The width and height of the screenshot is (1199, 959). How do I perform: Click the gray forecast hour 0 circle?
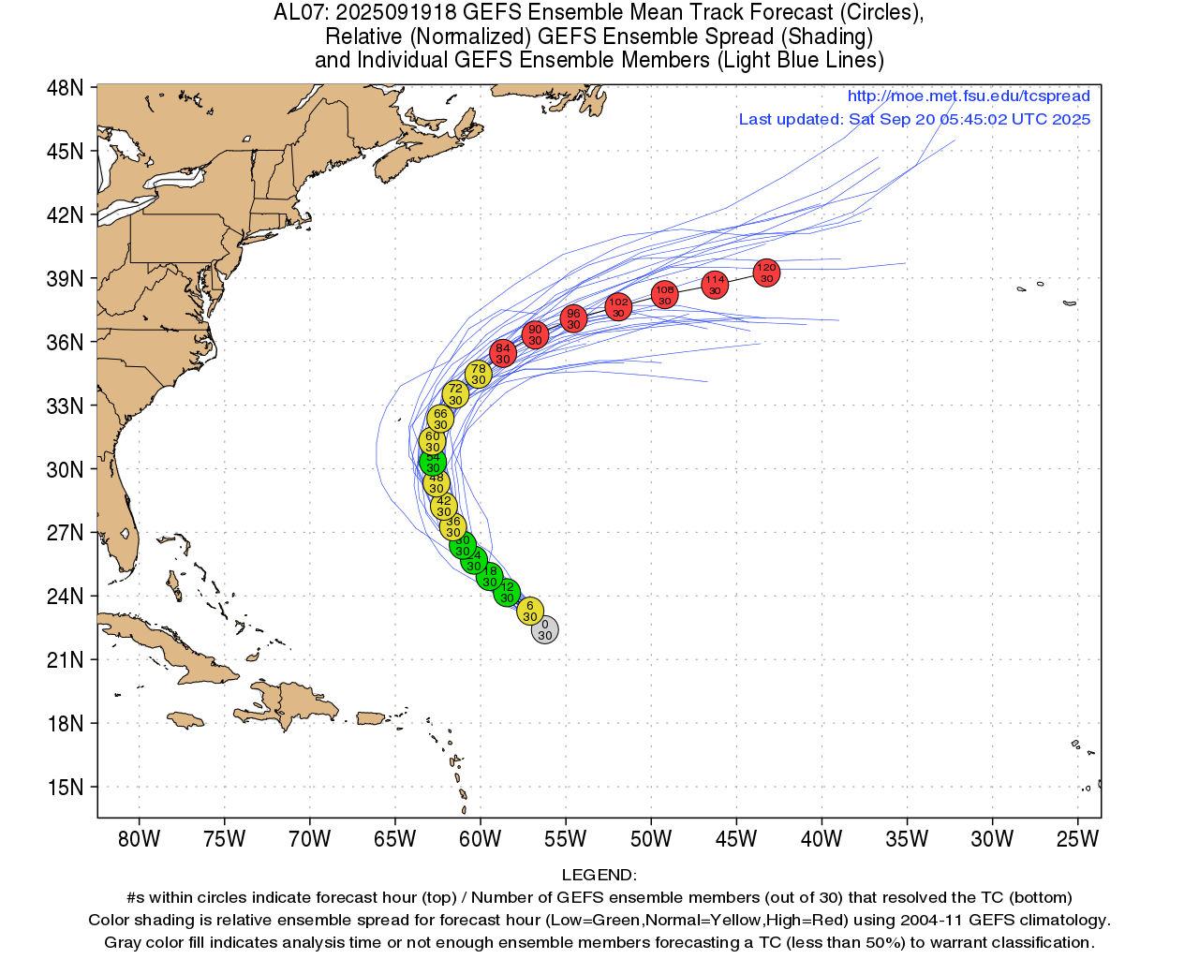tap(544, 630)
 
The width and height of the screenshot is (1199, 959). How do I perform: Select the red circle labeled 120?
tap(766, 273)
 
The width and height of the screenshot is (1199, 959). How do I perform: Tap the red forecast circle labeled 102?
tap(618, 306)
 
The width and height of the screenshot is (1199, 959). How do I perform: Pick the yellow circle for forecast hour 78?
tap(479, 374)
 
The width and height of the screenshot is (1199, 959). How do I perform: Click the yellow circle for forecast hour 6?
tap(530, 611)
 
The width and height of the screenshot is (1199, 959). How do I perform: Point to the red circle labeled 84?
tap(503, 353)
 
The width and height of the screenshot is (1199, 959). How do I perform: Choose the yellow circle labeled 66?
tap(440, 419)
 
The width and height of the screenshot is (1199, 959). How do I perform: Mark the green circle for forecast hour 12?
tap(507, 592)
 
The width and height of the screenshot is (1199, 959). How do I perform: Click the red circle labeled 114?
tap(715, 285)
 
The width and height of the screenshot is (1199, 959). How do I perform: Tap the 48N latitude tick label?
tap(65, 88)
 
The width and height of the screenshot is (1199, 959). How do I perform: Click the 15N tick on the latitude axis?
tap(65, 787)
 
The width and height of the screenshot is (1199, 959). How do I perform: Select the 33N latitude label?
tap(65, 406)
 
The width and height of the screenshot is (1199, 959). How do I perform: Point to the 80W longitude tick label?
tap(139, 839)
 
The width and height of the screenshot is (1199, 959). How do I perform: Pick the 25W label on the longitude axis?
tap(1077, 839)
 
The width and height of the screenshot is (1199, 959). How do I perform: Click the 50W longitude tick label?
tap(651, 839)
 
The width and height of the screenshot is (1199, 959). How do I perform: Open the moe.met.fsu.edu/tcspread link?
tap(969, 96)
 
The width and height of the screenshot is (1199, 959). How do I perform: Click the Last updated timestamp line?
tap(914, 119)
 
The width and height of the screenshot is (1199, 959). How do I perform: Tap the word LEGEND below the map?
tap(599, 875)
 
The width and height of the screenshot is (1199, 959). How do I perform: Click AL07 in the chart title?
tap(300, 13)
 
